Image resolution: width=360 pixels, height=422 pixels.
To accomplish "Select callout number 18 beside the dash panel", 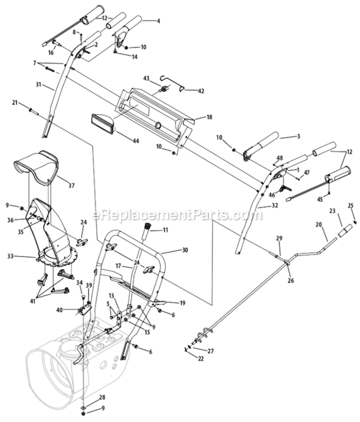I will pyautogui.click(x=209, y=117).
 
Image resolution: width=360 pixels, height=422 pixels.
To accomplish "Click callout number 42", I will pyautogui.click(x=201, y=90).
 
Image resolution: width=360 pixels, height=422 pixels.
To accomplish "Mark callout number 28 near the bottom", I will pyautogui.click(x=102, y=397).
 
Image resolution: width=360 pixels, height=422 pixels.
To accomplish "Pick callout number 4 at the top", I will pyautogui.click(x=158, y=21).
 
